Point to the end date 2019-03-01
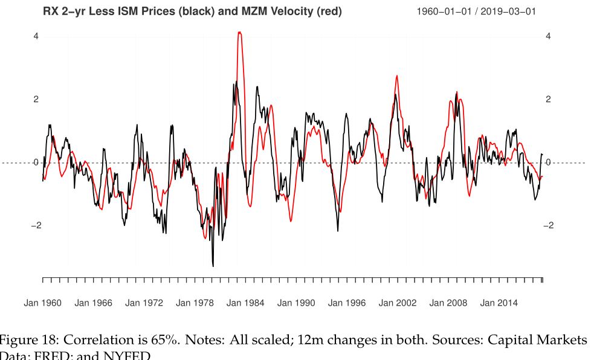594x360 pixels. pyautogui.click(x=508, y=11)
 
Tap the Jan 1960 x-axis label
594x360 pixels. pyautogui.click(x=42, y=303)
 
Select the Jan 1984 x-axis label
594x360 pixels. pyautogui.click(x=245, y=303)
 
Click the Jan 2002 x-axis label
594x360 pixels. pyautogui.click(x=398, y=303)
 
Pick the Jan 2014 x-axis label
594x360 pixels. pyautogui.click(x=499, y=303)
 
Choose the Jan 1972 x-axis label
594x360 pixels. pyautogui.click(x=144, y=303)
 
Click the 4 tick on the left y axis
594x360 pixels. pyautogui.click(x=36, y=36)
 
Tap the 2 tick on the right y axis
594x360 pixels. pyautogui.click(x=548, y=99)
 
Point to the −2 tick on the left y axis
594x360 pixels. pyautogui.click(x=35, y=225)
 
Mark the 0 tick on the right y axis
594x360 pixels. pyautogui.click(x=548, y=162)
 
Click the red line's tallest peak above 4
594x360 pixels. pyautogui.click(x=240, y=33)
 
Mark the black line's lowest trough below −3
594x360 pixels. pyautogui.click(x=213, y=265)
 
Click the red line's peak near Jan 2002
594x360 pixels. pyautogui.click(x=397, y=76)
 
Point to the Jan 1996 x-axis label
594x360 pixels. pyautogui.click(x=347, y=303)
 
